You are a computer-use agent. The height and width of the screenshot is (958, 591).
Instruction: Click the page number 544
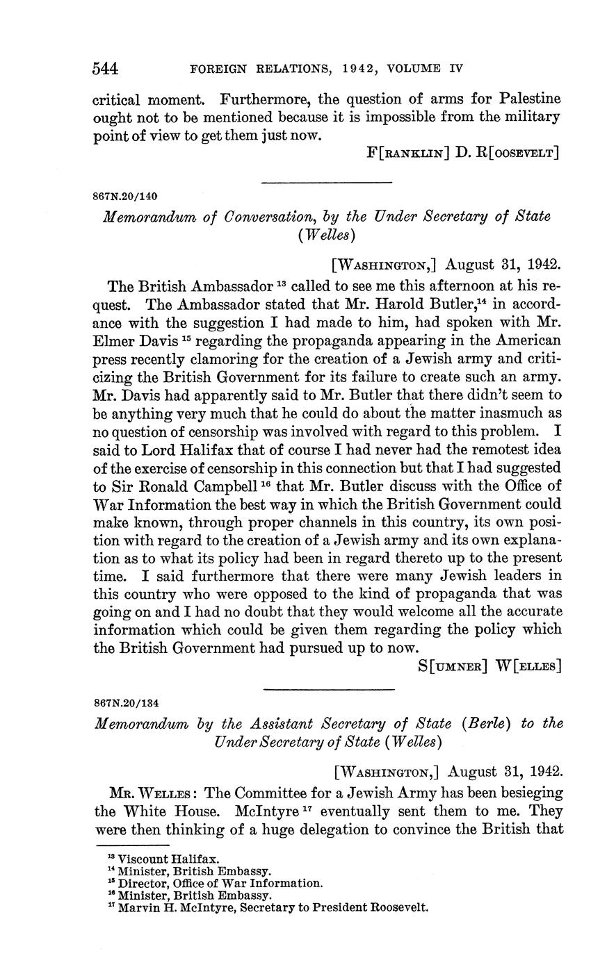[106, 68]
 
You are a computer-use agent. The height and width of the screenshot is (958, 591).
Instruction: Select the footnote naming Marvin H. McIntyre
[271, 908]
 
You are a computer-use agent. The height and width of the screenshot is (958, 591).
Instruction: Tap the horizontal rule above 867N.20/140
[327, 183]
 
